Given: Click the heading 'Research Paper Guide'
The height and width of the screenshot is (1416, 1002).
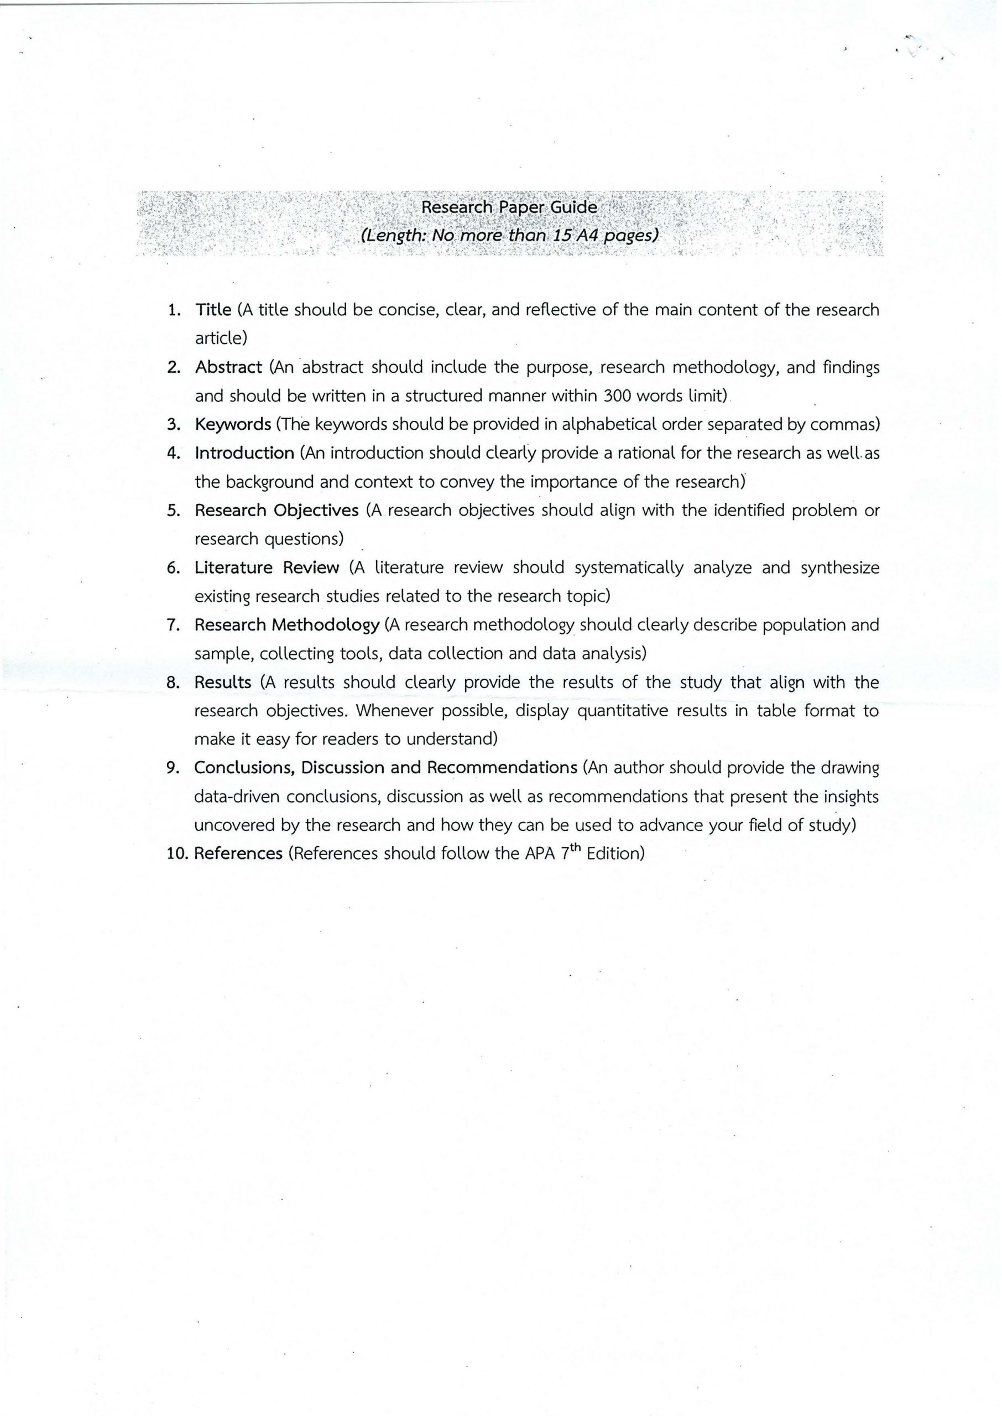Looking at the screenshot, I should point(509,207).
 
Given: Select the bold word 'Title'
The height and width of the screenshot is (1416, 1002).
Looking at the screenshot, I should point(213,310).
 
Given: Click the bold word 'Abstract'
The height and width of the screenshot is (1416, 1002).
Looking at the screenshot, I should point(228,367).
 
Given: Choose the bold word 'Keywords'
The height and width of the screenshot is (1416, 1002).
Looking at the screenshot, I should point(233,424).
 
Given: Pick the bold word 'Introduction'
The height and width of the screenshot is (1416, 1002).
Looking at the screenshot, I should point(244,453).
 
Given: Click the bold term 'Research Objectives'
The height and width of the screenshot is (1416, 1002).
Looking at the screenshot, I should point(276,510).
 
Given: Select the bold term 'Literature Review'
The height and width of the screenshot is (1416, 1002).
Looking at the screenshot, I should point(267,568).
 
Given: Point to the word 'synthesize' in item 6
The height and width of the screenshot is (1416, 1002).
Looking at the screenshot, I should point(840,568).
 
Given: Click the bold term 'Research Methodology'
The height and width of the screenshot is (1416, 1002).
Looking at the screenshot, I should point(287,625).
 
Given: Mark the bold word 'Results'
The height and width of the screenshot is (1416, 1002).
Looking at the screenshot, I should point(223,683).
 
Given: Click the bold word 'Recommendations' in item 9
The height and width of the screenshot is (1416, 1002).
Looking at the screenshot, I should point(502,768).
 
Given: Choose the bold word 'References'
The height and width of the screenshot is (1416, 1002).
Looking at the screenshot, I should point(238,854).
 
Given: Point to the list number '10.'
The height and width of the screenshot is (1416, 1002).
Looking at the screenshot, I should point(178,854).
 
